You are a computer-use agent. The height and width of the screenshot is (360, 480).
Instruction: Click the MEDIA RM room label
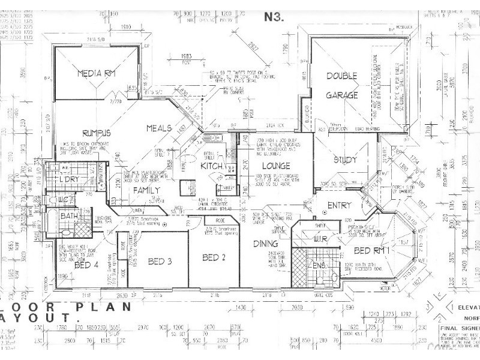click(96, 74)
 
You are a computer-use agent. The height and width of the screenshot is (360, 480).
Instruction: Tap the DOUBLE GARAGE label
click(341, 85)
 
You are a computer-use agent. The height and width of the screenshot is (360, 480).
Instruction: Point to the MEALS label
click(160, 128)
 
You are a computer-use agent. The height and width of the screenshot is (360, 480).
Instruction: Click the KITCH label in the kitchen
click(212, 166)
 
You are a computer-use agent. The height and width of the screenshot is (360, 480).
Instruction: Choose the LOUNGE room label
click(275, 165)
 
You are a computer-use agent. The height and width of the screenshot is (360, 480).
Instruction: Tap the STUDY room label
click(345, 160)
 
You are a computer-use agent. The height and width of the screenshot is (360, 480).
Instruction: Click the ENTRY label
click(340, 206)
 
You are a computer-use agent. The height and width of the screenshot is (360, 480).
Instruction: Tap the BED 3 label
click(160, 261)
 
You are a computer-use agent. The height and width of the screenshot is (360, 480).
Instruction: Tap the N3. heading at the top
click(274, 17)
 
